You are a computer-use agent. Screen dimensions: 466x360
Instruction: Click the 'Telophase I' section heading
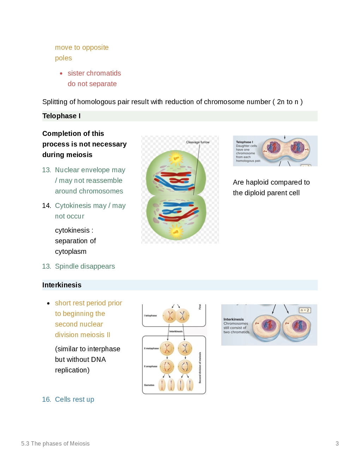[x=61, y=116]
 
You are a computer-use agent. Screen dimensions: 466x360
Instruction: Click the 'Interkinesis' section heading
[x=62, y=285]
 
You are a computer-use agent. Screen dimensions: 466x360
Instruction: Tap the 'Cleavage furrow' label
[x=198, y=142]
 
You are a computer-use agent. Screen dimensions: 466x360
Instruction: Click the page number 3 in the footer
[x=337, y=444]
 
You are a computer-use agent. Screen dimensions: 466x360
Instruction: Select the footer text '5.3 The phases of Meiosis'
[x=55, y=444]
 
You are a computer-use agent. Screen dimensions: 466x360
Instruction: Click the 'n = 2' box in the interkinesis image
[x=305, y=310]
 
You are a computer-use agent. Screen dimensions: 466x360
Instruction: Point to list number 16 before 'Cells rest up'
[x=46, y=400]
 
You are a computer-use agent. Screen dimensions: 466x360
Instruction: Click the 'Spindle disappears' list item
[x=85, y=267]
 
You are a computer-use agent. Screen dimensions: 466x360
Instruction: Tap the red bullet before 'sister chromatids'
[x=61, y=73]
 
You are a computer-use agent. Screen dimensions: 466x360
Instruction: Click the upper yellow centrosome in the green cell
[x=176, y=158]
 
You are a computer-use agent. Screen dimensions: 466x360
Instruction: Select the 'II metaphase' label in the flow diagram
[x=151, y=348]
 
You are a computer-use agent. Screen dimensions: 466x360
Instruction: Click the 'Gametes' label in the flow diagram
[x=149, y=385]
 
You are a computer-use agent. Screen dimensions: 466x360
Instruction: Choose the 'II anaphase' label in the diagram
[x=151, y=366]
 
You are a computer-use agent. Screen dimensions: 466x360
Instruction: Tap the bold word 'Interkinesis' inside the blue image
[x=233, y=319]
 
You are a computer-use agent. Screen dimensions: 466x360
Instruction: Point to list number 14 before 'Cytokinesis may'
[x=46, y=206]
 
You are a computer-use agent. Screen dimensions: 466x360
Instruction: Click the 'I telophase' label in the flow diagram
[x=150, y=316]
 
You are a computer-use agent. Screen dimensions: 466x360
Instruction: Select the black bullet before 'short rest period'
[x=48, y=303]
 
